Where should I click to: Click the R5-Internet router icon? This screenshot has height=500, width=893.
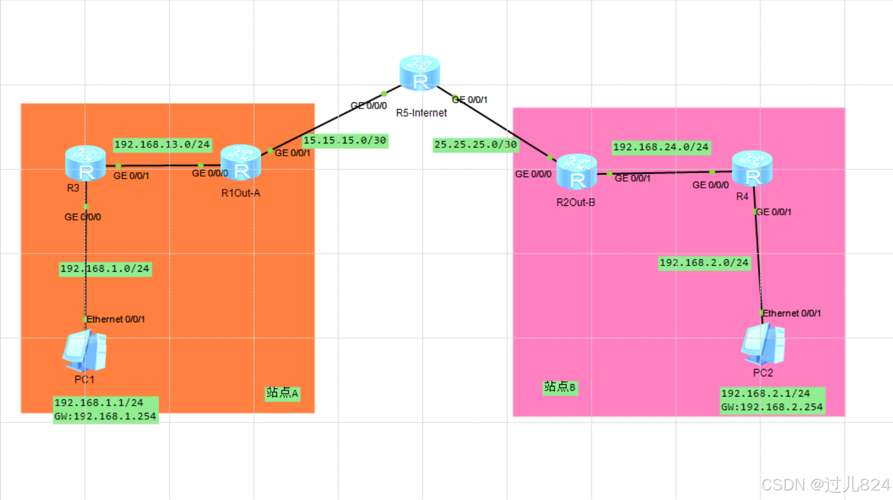[419, 73]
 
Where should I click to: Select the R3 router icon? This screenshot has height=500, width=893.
[86, 163]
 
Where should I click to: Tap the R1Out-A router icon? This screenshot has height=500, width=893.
[241, 163]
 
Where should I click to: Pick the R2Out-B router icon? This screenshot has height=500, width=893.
[577, 172]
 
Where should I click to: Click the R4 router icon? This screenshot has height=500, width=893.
[752, 168]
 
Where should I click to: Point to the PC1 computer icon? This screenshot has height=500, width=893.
[85, 351]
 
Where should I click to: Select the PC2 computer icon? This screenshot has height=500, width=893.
[763, 344]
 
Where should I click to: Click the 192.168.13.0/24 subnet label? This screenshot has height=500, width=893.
[162, 145]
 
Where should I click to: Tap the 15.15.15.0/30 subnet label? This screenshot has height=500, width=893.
[344, 141]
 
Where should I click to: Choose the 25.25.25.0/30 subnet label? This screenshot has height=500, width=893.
[475, 145]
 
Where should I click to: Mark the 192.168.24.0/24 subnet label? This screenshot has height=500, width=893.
[661, 147]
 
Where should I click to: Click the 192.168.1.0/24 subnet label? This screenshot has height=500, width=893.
[105, 269]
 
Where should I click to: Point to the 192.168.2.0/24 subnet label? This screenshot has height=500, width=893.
[704, 263]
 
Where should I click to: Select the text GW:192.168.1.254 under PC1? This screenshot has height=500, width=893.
[105, 417]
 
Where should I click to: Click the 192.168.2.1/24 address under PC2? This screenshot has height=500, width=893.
[765, 394]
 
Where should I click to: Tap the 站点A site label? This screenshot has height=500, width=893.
[282, 393]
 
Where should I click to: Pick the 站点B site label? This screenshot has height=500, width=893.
[559, 387]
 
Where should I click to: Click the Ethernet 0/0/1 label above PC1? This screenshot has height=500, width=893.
[116, 319]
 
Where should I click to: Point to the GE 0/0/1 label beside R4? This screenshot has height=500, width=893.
[774, 212]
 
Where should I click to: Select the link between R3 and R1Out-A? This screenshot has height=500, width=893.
[159, 165]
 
